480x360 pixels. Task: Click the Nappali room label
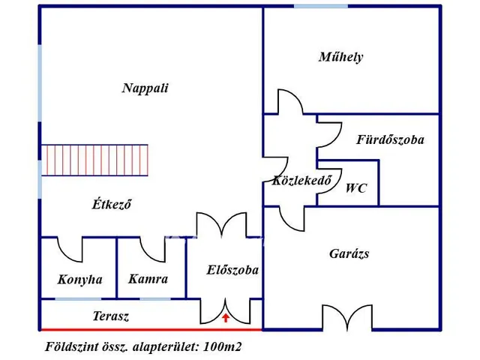tap(145, 88)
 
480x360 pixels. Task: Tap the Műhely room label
tap(340, 57)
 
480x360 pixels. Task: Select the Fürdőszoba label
tap(390, 139)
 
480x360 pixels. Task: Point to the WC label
tap(356, 188)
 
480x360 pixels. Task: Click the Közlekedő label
tap(301, 180)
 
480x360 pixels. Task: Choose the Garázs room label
tap(349, 253)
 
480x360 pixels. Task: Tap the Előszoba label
tap(232, 270)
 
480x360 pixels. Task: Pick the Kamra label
tap(148, 279)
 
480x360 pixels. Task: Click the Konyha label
tap(79, 280)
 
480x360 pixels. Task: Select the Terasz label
tap(111, 316)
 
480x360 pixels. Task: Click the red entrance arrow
tap(226, 318)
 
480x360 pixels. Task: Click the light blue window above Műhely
tap(320, 7)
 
